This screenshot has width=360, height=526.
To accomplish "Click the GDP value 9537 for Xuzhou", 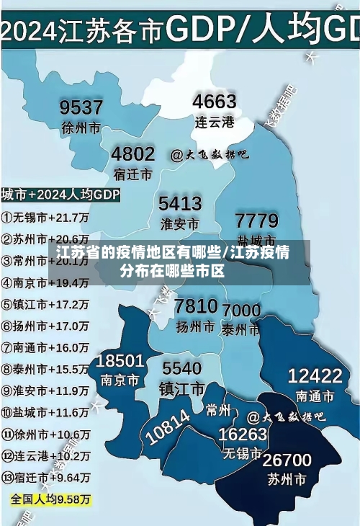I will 81,107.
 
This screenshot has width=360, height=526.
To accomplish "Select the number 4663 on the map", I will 215,101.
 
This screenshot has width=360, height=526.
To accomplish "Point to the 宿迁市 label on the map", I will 132,174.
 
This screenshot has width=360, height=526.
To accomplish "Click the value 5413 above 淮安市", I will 180,203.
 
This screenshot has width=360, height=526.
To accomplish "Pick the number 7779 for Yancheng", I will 257,220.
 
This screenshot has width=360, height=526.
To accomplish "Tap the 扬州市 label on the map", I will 196,326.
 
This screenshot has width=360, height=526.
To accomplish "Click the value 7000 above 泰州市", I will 241,311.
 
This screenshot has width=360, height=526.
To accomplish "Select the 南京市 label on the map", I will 120,380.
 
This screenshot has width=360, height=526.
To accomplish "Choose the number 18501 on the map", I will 120,360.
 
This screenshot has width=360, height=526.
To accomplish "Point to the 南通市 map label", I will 315,396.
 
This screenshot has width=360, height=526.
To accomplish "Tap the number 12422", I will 315,375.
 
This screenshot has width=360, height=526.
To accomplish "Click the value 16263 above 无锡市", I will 243,434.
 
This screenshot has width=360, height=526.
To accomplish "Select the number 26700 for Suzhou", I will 287,460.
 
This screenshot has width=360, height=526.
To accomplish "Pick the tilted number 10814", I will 168,427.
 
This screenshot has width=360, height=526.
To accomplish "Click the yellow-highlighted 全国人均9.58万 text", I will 50,499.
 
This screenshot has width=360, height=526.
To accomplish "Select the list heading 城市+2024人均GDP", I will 60,195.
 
